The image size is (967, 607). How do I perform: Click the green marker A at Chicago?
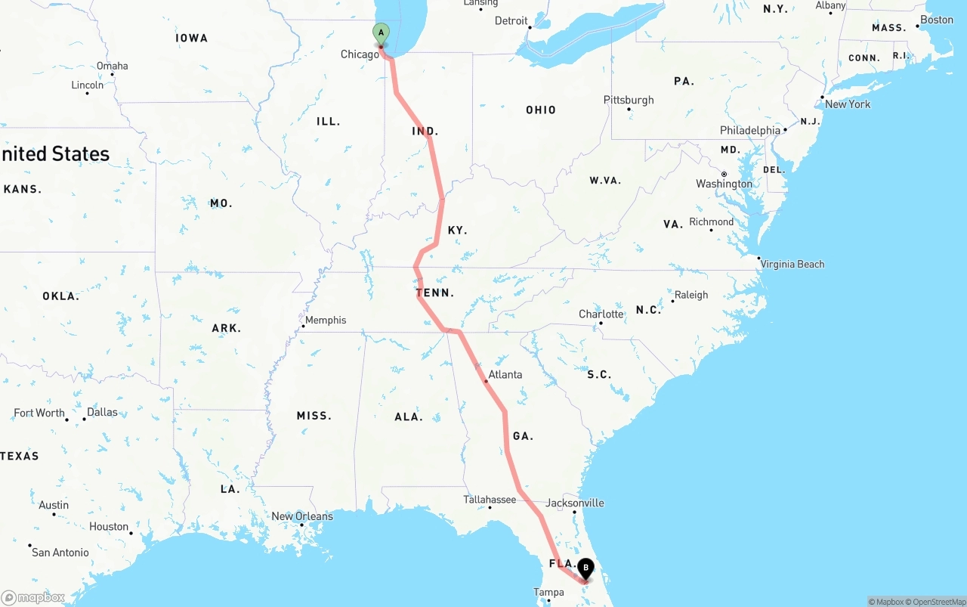382,33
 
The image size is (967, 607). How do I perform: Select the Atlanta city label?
505,374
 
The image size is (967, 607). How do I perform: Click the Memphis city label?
326,320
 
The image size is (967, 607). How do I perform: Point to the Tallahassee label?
490,500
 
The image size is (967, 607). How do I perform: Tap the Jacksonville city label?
575,503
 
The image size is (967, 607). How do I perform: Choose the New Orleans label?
302,516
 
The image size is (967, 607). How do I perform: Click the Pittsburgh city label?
629,100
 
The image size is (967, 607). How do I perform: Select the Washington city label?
724,184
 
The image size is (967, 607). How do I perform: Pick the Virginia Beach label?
792,264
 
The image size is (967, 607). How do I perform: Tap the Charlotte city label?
601,314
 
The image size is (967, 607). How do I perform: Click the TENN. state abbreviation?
434,293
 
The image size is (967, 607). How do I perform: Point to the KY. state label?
457,230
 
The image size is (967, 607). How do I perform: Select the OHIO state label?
541,110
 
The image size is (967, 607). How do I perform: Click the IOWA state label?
191,38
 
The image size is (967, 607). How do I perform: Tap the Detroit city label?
511,20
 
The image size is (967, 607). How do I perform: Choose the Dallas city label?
102,412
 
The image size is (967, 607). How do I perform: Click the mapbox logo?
33,597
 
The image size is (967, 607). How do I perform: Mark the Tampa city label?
548,593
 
